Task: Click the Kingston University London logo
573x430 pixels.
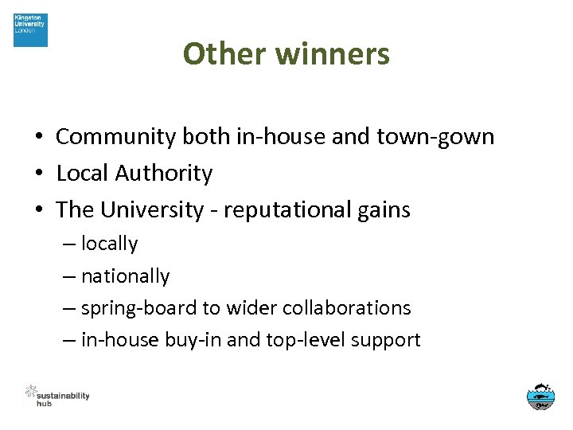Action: point(30,30)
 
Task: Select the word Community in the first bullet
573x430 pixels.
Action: point(115,137)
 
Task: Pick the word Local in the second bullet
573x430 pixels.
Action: point(83,174)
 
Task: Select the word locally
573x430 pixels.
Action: point(110,244)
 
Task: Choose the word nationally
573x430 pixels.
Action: point(126,276)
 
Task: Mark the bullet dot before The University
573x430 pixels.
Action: point(38,210)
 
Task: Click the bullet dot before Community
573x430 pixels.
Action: point(38,137)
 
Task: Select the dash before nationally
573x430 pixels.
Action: point(69,276)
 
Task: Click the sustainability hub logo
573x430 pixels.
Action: point(57,395)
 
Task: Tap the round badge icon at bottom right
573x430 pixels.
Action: point(541,396)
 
